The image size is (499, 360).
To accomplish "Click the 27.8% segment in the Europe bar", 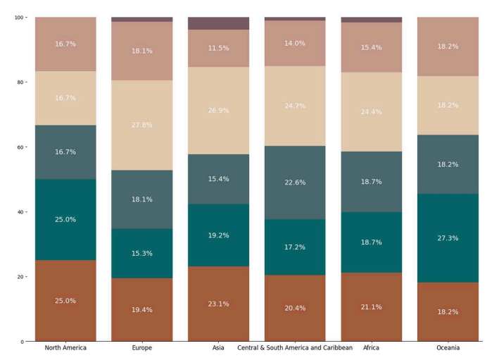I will pos(141,125).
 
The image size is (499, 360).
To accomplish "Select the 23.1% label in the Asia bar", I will pos(218,304).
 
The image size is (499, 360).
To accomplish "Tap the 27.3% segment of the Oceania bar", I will pos(448,238).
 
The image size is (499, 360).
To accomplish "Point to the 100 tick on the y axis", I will pos(20,17).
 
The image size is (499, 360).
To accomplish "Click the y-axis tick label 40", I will pos(21,212).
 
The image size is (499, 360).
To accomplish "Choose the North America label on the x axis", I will pos(65,348).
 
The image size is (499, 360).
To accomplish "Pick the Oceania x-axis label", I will pos(448,348).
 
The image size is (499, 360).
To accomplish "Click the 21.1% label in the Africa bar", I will pos(371,306).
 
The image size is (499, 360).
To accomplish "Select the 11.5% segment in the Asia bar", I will pos(218,48).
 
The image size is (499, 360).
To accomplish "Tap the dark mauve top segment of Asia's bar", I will pos(218,23).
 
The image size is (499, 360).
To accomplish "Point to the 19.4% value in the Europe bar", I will pos(141,309).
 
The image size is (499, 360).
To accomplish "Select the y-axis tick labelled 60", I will pos(21,147).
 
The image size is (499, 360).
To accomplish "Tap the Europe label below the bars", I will pos(141,348).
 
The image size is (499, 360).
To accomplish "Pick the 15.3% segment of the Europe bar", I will pos(141,253).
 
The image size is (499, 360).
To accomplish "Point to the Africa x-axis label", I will pos(371,348).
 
